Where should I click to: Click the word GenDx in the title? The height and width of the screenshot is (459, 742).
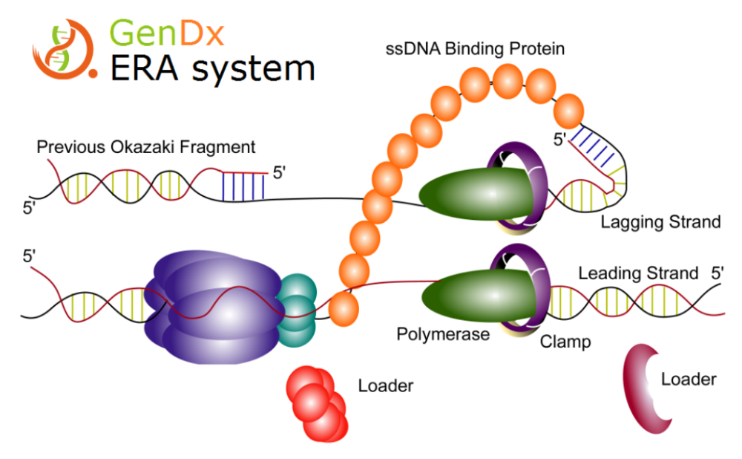point(167,32)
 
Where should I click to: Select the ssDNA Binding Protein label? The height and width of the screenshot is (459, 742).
point(476,49)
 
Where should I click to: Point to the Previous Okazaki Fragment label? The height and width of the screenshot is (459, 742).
point(146,146)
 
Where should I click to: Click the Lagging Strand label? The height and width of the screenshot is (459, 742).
point(660,221)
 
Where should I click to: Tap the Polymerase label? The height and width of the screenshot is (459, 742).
point(443,333)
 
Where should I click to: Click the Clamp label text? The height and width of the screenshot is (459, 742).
point(565,342)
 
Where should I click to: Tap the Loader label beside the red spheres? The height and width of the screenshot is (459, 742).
point(385,385)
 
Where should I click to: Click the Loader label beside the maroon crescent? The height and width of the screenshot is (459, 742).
point(689,380)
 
